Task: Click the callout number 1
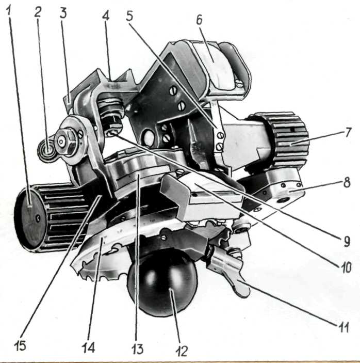9,10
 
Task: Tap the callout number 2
38,12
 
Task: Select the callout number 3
63,13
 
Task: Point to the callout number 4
106,15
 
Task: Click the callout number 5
129,15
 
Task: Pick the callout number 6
199,20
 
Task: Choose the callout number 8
347,182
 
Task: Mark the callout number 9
347,242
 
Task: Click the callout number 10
346,267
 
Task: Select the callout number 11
344,328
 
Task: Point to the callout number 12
182,351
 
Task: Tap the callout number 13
137,349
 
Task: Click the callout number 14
88,348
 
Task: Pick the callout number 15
20,346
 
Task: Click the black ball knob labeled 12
163,282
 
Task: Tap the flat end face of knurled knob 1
30,219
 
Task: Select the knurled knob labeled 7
289,140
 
